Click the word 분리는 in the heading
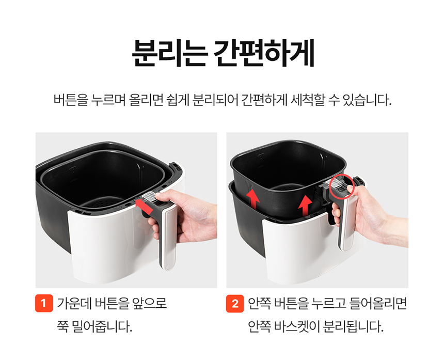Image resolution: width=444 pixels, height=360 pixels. [x=169, y=54]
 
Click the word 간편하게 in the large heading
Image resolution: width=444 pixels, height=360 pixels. [x=264, y=54]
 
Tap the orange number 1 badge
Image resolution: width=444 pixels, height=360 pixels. [x=44, y=303]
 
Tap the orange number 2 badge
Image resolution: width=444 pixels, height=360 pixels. [x=235, y=303]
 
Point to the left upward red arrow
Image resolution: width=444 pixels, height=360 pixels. [x=253, y=199]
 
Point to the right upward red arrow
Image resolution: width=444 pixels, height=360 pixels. [x=305, y=205]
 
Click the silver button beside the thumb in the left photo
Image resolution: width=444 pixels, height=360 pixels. [x=150, y=196]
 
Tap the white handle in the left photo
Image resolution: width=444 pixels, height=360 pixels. [x=169, y=236]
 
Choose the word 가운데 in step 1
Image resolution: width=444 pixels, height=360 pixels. [x=74, y=303]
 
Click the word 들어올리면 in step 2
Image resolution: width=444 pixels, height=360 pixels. [x=378, y=303]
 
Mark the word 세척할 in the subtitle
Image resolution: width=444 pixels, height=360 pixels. [x=308, y=100]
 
